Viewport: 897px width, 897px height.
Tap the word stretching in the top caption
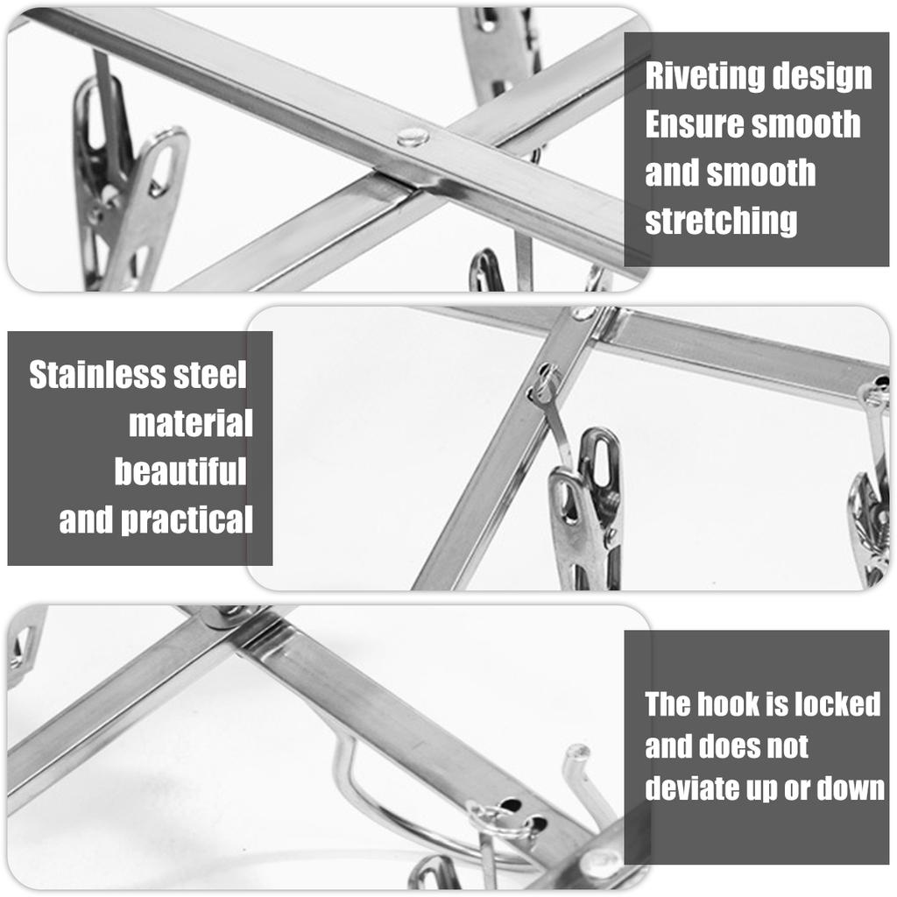pyautogui.click(x=721, y=221)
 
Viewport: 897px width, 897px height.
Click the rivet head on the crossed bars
pyautogui.click(x=412, y=137)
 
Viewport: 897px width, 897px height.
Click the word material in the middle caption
pyautogui.click(x=190, y=424)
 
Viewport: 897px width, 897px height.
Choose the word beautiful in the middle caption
pyautogui.click(x=180, y=472)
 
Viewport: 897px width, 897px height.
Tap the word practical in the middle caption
pyautogui.click(x=186, y=520)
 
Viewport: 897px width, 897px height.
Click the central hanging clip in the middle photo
pyautogui.click(x=587, y=512)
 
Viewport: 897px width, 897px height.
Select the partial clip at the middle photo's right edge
pyautogui.click(x=870, y=526)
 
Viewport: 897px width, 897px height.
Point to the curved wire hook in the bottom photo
pyautogui.click(x=368, y=788)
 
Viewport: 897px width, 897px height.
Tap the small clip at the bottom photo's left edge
pyautogui.click(x=25, y=644)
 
